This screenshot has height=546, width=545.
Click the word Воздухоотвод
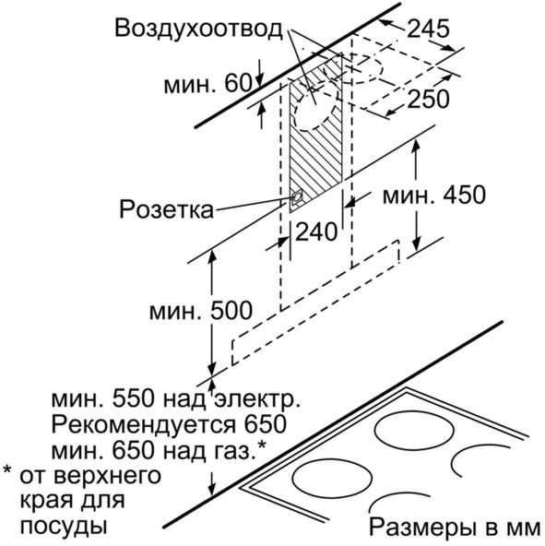tap(198, 29)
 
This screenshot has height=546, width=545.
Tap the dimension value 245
tap(428, 29)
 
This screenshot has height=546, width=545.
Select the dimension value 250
tap(428, 99)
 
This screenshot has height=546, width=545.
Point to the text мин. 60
tap(207, 84)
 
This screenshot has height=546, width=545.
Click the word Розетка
tap(167, 209)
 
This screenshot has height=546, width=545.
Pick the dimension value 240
tap(316, 231)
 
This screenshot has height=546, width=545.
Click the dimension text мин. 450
tap(434, 195)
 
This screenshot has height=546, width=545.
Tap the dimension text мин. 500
tap(201, 310)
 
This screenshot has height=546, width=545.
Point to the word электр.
tap(257, 399)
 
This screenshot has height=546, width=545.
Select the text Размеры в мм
tap(455, 528)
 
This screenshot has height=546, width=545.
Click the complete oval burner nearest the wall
tap(414, 433)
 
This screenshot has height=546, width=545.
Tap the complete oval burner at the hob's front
tap(332, 478)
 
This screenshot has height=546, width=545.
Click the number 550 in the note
tap(133, 399)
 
